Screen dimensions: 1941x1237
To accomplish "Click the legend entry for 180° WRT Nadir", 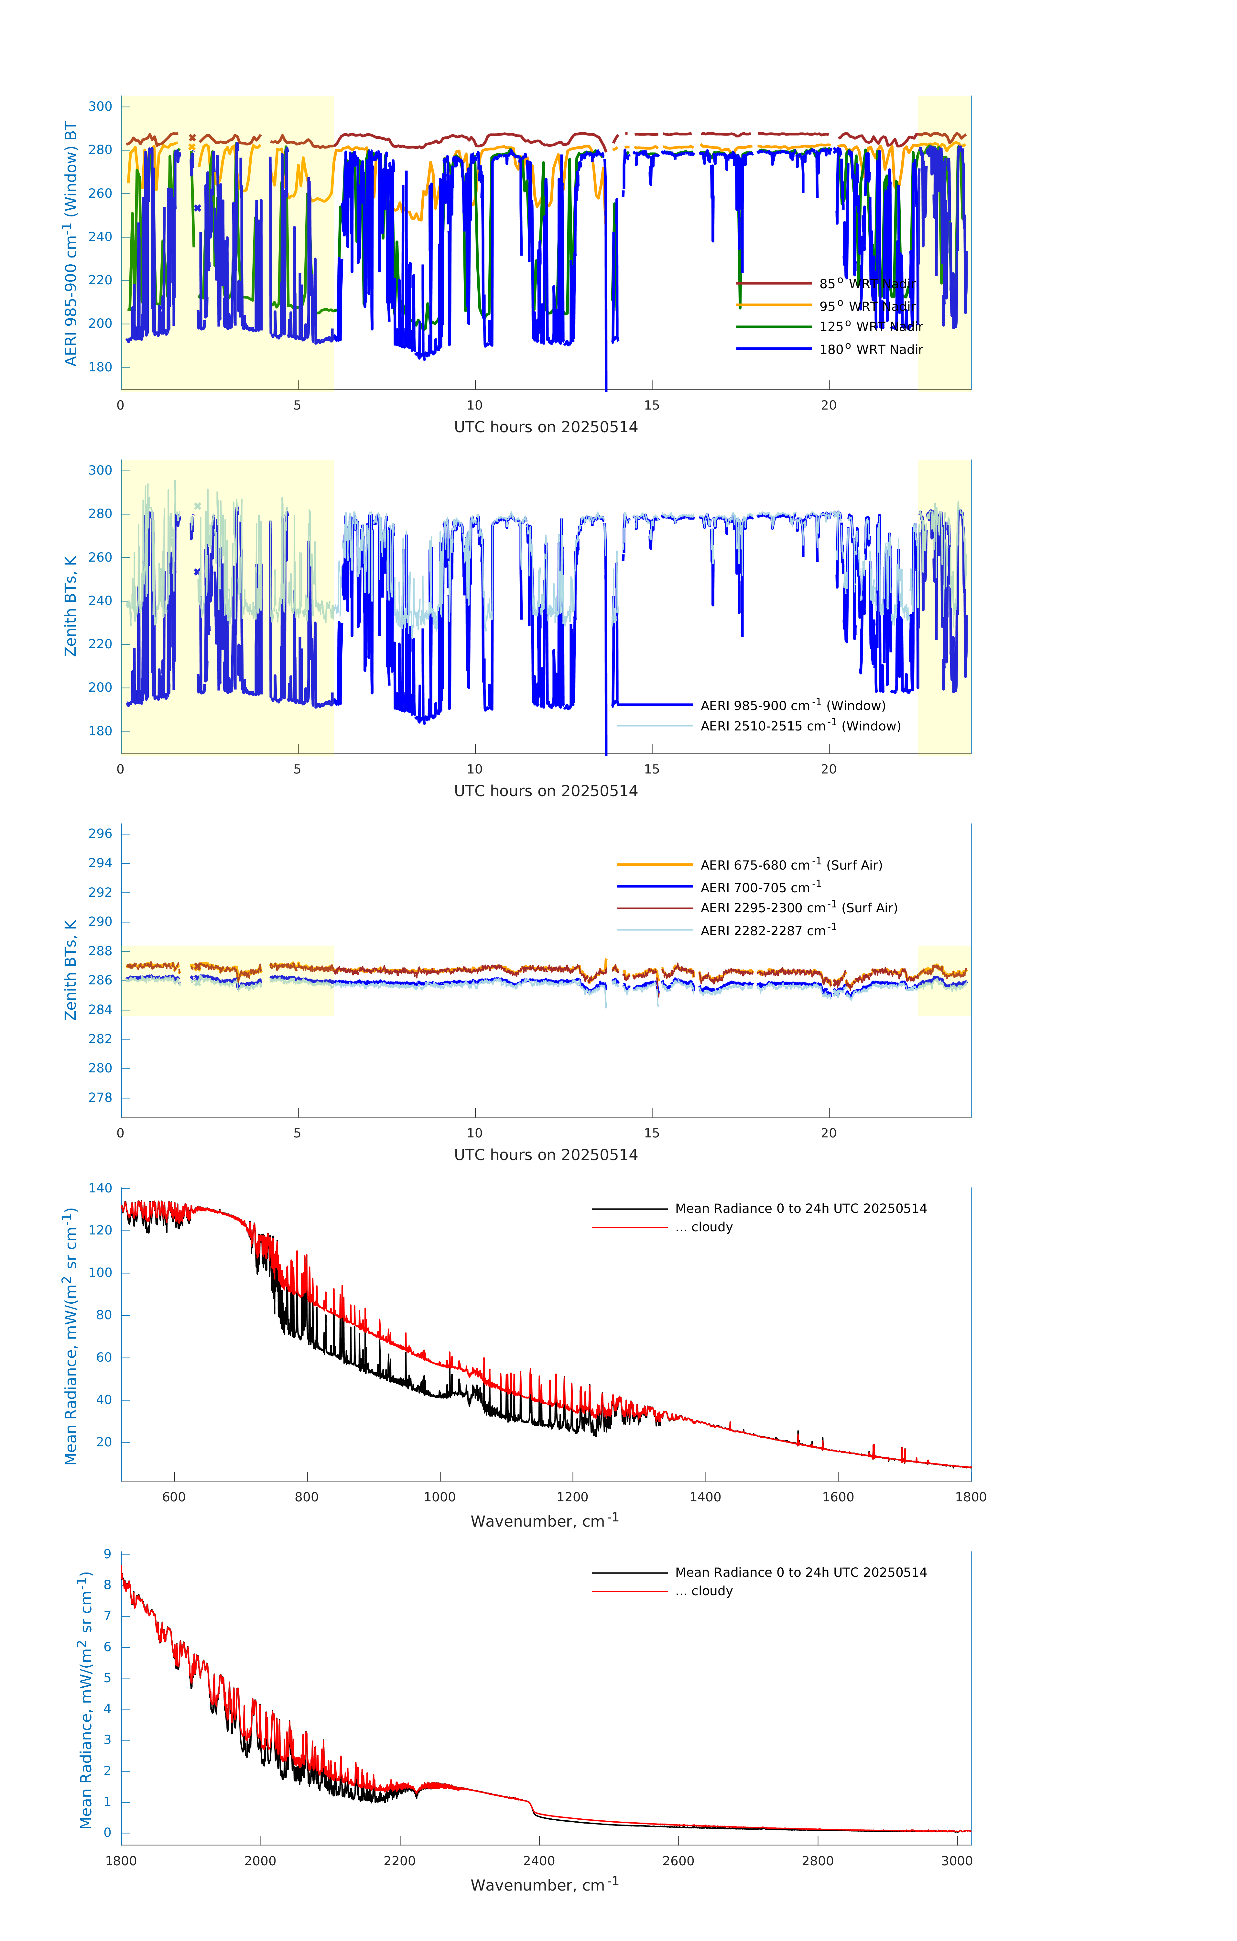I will tap(870, 350).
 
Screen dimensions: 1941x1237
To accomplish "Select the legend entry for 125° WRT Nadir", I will tap(870, 327).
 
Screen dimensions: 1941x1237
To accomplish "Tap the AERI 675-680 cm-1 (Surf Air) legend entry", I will tap(791, 865).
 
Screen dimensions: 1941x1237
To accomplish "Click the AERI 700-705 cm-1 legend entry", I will tap(760, 887).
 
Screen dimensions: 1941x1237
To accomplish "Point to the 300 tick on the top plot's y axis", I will tap(101, 106).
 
